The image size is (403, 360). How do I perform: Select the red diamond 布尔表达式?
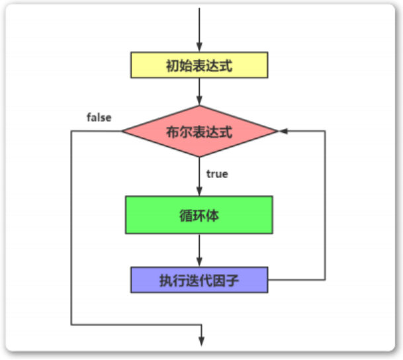[199, 131]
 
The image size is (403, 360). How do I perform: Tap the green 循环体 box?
[199, 214]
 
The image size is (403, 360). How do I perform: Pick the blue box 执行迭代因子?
[199, 280]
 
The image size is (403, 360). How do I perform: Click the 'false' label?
[99, 118]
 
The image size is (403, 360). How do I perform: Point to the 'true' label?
[217, 174]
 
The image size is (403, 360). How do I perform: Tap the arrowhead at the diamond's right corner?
[283, 131]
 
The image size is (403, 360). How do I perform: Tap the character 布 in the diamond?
[173, 132]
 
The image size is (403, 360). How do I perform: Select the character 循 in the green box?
[183, 215]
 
